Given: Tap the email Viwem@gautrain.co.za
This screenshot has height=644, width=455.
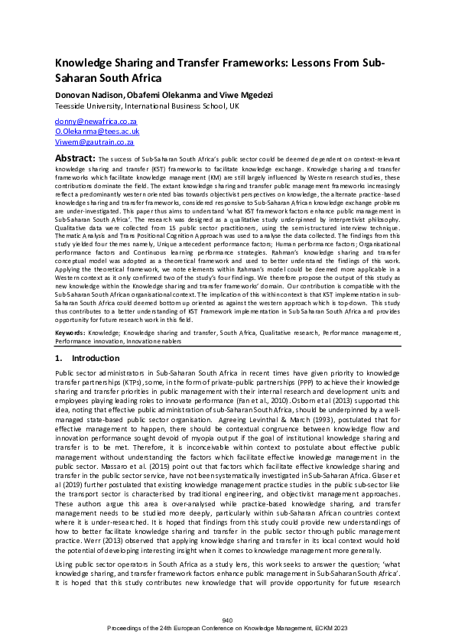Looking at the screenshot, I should click(95, 142).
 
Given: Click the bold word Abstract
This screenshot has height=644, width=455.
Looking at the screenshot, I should click(74, 158).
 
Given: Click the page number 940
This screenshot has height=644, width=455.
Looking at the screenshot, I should click(227, 619).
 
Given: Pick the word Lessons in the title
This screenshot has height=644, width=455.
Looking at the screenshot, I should click(318, 63).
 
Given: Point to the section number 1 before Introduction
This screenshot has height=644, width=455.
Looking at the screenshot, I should click(59, 358).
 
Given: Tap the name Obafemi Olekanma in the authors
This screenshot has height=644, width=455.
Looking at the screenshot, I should click(145, 93).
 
